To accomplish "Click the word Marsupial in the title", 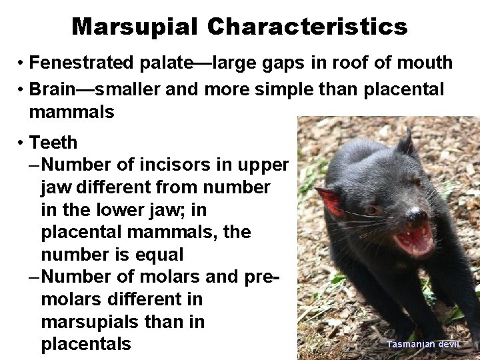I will click(x=134, y=27).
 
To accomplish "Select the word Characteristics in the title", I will click(x=307, y=27).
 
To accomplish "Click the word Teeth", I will click(x=53, y=143).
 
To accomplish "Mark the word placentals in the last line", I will click(x=86, y=345).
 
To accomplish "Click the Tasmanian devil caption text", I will click(x=419, y=344).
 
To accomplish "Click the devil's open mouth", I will click(x=415, y=239).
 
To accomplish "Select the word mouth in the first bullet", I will click(x=424, y=63).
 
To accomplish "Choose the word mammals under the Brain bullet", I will click(x=71, y=112).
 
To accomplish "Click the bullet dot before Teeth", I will click(x=21, y=143).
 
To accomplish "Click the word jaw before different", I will click(x=55, y=187).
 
